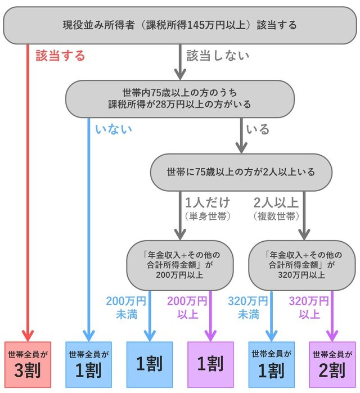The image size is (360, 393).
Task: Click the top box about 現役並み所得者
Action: pos(180,25)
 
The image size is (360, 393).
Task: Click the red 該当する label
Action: pos(60,56)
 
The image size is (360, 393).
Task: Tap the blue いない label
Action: pos(114,129)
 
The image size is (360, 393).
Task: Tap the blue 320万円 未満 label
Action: pos(248,306)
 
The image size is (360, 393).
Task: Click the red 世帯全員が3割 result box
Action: pos(28,364)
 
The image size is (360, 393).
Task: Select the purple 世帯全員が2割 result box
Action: pos(332,364)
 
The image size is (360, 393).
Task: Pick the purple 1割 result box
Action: pos(210,364)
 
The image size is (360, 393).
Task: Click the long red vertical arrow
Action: pos(28,191)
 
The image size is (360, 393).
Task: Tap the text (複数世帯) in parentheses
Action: pos(276,215)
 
